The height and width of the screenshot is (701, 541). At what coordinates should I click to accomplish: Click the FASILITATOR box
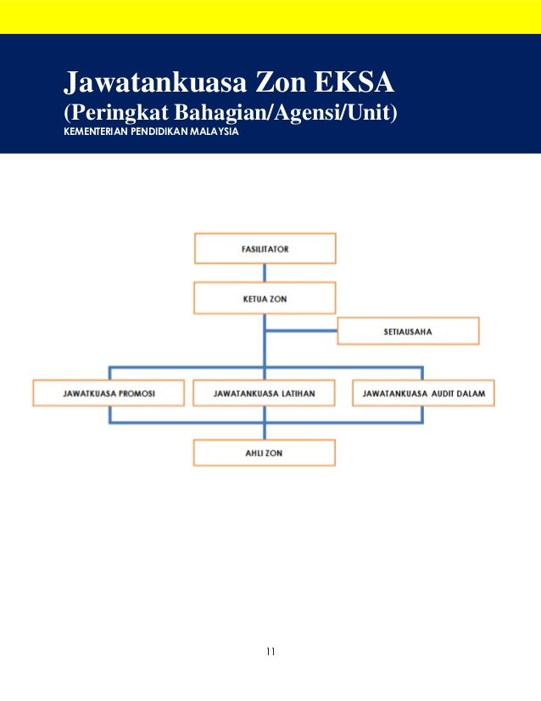coord(265,250)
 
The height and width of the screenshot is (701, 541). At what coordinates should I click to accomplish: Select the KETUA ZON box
coord(265,299)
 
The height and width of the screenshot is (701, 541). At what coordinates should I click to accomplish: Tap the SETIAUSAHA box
coord(408,331)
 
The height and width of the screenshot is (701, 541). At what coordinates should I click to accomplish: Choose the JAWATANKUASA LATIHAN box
coord(265,394)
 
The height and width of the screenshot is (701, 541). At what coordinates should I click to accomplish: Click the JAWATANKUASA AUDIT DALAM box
coord(423,394)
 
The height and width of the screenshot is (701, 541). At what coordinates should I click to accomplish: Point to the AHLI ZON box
coord(265,453)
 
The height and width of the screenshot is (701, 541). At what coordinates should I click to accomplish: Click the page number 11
coord(270,652)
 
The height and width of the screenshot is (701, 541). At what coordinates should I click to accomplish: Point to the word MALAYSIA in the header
coord(216,132)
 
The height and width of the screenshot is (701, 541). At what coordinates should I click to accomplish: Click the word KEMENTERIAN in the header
coord(93,132)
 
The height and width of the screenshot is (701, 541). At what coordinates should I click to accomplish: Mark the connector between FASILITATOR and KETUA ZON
coord(265,273)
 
